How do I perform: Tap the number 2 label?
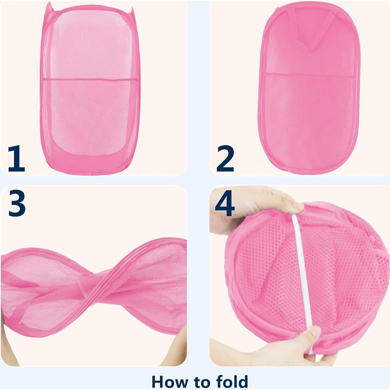pos(225,159)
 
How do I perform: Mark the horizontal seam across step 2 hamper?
pos(309,75)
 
